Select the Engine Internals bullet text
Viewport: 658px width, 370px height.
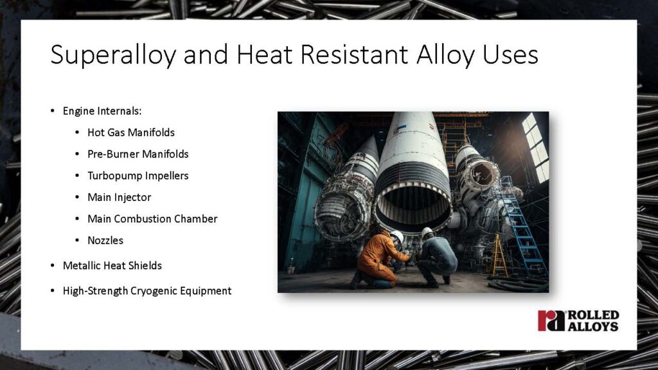click(102, 110)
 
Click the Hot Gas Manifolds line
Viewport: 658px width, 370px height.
click(131, 132)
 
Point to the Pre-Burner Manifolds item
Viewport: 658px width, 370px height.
click(138, 154)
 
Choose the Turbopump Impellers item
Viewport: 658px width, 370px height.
click(138, 175)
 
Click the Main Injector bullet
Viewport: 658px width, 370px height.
click(120, 197)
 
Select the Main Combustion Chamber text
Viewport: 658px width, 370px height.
click(152, 218)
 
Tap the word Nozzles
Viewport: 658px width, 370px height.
click(105, 240)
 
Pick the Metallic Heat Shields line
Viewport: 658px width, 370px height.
click(112, 265)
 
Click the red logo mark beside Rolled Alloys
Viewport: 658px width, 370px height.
click(551, 321)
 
